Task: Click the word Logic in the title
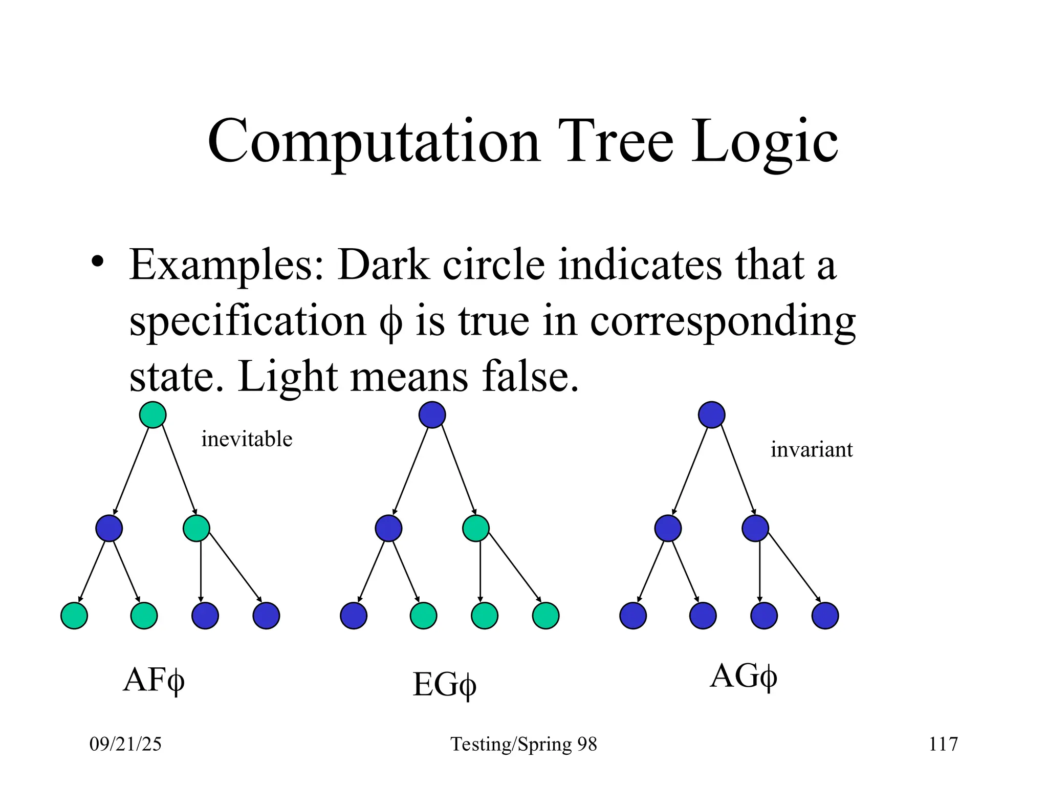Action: coord(765,141)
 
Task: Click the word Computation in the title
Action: coord(374,141)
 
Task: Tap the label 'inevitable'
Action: coord(247,439)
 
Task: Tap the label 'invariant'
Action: coord(812,450)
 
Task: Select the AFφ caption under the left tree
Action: coord(154,680)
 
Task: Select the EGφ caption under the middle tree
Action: coord(444,685)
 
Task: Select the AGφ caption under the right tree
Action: coord(743,676)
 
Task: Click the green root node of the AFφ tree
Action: coord(153,414)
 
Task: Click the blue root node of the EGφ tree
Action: coord(432,414)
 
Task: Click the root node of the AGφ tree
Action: coord(712,414)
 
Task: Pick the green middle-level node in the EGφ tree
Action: coord(476,528)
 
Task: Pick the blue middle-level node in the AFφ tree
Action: coord(109,528)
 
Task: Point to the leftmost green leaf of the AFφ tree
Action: coord(74,616)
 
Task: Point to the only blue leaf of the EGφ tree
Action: coord(354,616)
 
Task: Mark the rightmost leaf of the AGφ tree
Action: coord(825,616)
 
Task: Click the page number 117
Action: coord(943,744)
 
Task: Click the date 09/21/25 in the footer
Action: coord(125,744)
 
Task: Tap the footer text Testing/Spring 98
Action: coord(523,744)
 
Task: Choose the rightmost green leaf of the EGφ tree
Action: coord(546,616)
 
